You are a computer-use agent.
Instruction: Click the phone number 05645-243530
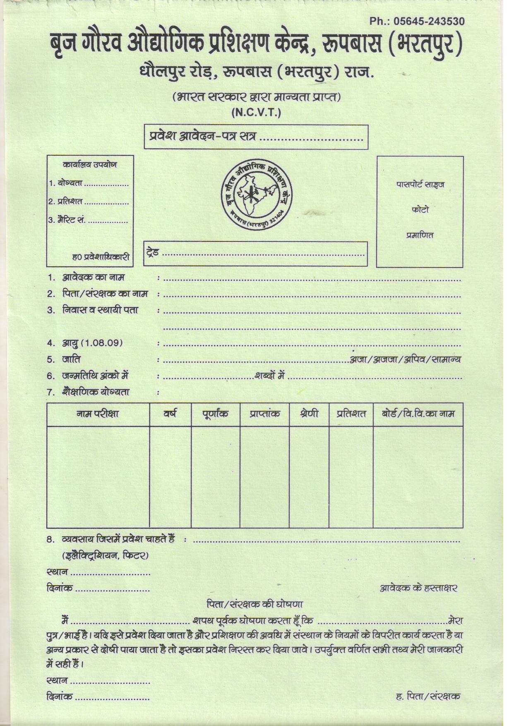pos(417,21)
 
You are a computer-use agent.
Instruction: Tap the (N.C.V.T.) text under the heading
pos(256,112)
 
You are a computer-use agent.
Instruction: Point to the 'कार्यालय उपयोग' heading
pos(90,165)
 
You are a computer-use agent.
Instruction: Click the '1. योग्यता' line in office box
pos(66,183)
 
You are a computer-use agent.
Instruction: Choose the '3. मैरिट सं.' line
pos(67,220)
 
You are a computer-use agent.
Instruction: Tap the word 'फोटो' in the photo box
pos(420,210)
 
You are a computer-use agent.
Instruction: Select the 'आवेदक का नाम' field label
pos(93,277)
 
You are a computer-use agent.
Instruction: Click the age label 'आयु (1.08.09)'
pos(92,343)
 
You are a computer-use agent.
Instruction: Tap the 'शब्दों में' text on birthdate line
pos(270,376)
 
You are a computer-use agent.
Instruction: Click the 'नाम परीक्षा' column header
pos(98,414)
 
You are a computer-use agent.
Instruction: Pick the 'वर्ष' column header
pos(170,413)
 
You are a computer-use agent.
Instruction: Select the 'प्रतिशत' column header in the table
pos(351,414)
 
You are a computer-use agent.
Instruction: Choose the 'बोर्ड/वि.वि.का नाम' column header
pos(418,414)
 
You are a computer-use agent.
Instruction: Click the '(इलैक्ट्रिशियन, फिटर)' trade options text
pos(105,555)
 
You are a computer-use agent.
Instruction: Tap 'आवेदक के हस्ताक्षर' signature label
pos(418,588)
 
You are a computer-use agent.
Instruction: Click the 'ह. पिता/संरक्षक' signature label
pos(428,696)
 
